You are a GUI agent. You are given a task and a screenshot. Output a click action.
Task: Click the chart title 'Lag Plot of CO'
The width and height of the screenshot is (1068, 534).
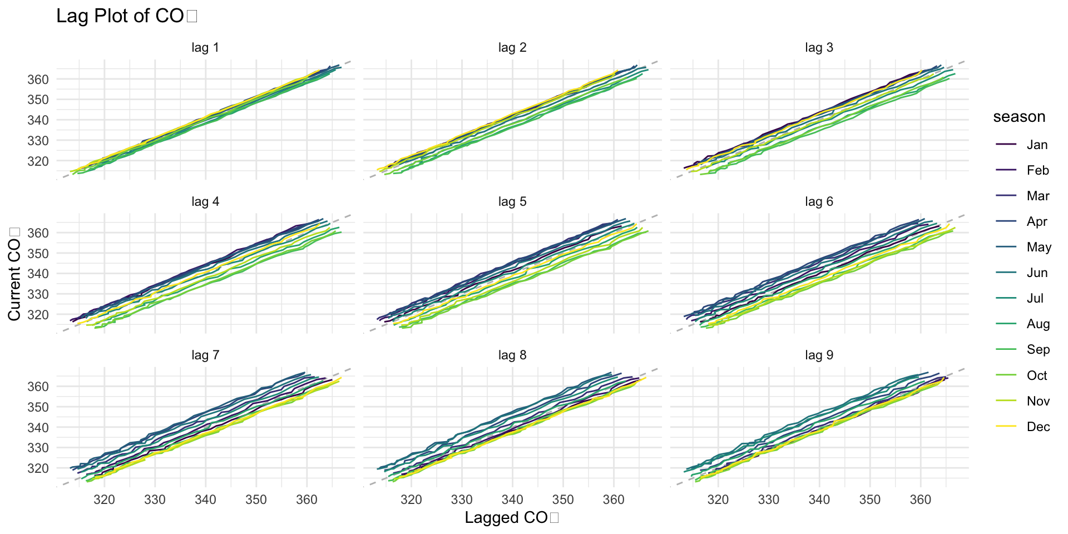tap(127, 16)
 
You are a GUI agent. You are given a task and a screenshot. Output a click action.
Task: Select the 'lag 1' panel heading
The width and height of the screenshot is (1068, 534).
tap(205, 48)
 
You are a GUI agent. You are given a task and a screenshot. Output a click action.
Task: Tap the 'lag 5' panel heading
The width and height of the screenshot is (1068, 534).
tap(512, 202)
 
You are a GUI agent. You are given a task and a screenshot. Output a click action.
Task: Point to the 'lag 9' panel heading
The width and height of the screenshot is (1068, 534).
tap(819, 355)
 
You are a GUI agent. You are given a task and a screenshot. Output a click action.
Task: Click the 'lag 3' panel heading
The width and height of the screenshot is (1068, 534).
tap(819, 48)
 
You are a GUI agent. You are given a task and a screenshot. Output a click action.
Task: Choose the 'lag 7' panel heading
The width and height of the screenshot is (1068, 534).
tap(205, 355)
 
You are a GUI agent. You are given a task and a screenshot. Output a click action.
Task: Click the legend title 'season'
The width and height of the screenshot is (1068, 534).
tap(1019, 117)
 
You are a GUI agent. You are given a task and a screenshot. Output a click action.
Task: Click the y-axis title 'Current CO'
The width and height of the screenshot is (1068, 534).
tap(14, 274)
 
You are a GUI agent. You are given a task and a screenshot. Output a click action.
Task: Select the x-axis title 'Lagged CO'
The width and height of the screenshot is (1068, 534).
tap(511, 518)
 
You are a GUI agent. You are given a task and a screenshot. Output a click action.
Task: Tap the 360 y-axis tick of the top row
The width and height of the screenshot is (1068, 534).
tap(38, 79)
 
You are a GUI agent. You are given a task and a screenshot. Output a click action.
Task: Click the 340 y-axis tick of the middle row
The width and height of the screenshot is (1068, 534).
tap(38, 274)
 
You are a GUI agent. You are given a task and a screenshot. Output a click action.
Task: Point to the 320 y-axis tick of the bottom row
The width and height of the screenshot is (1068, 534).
tap(38, 468)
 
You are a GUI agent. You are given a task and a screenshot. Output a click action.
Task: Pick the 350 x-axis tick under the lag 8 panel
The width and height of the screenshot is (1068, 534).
tap(563, 500)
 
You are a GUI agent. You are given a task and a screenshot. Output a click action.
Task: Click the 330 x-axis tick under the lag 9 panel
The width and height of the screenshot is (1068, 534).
tap(769, 500)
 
